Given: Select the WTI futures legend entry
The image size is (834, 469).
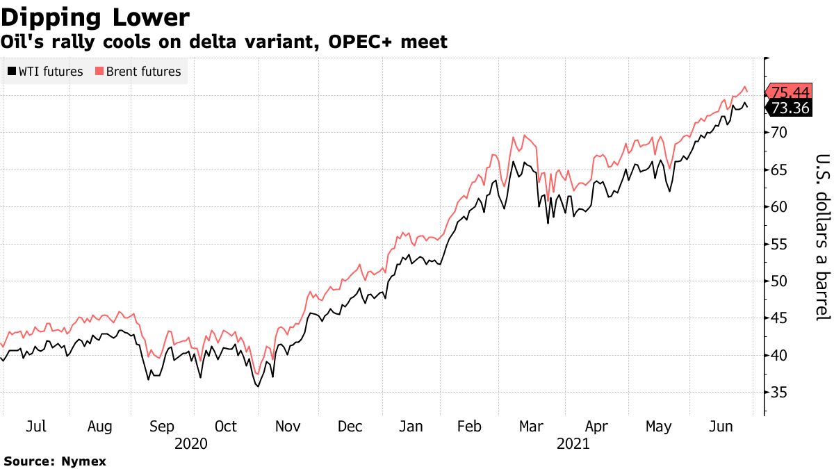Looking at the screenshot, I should tap(46, 72).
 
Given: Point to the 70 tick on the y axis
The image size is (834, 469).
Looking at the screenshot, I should tap(779, 132).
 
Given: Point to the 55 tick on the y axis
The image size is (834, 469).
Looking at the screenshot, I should tap(779, 244).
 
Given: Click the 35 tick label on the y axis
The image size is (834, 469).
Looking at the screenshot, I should tap(779, 393).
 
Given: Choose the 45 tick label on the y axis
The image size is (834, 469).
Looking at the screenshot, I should tap(779, 318).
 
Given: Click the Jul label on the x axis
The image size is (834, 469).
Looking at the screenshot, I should tap(35, 427).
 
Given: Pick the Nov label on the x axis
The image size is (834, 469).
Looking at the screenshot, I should tap(287, 427).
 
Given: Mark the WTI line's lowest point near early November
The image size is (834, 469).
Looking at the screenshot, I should tap(259, 386).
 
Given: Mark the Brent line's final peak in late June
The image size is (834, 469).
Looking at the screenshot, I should tap(745, 87).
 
